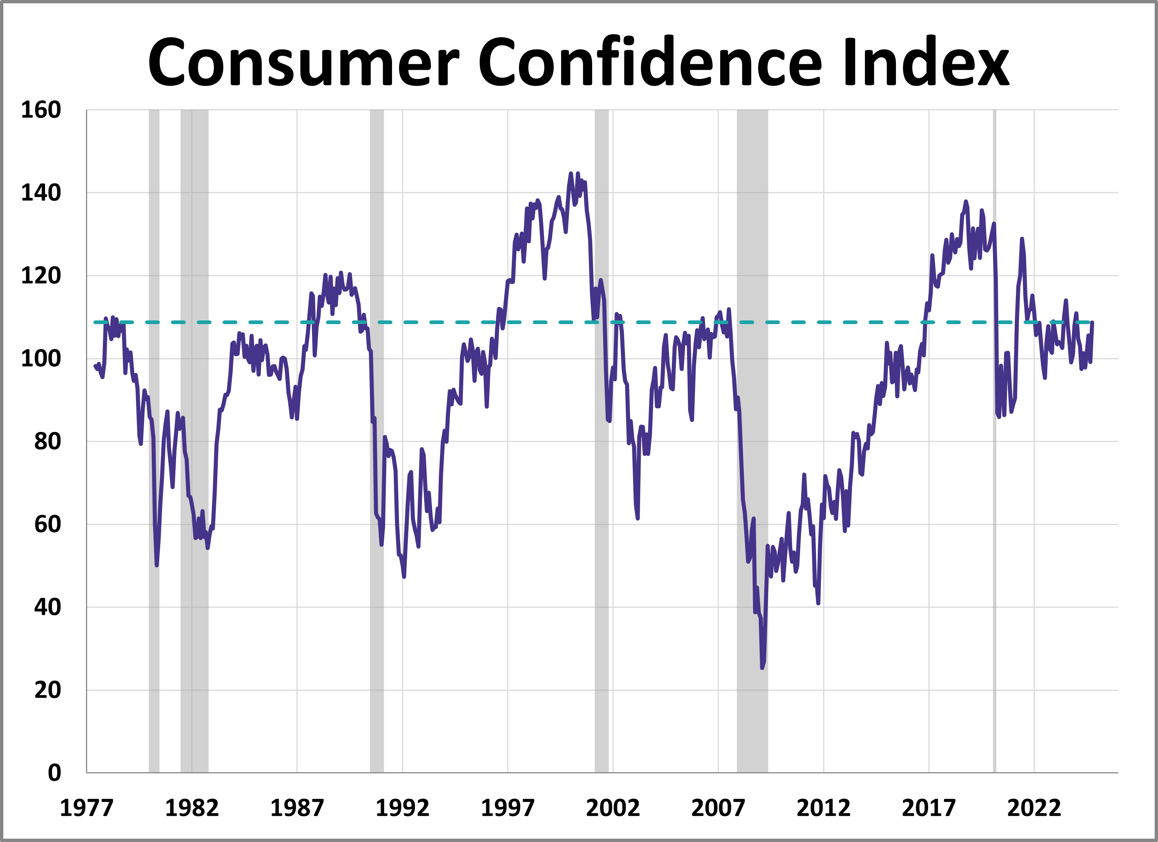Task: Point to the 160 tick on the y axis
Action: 41,110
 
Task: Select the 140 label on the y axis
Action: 41,193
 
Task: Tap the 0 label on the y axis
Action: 54,773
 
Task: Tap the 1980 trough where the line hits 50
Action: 157,565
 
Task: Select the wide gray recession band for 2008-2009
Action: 752,439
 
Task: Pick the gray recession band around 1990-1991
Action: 377,439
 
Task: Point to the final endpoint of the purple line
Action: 1092,323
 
